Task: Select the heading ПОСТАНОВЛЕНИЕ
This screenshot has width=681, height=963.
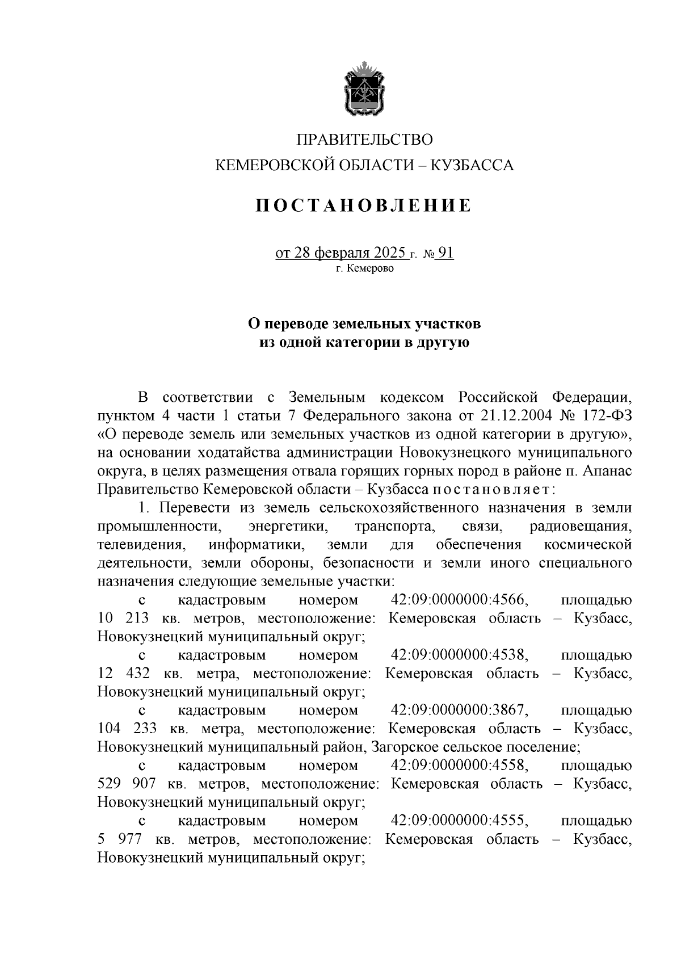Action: tap(364, 205)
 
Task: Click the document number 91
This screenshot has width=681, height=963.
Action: tap(445, 253)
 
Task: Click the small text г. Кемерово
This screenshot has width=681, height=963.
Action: tap(364, 269)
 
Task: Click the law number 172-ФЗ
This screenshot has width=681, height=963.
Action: tap(607, 415)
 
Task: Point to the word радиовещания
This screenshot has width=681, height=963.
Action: tap(581, 527)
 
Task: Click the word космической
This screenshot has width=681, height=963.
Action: tap(587, 545)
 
